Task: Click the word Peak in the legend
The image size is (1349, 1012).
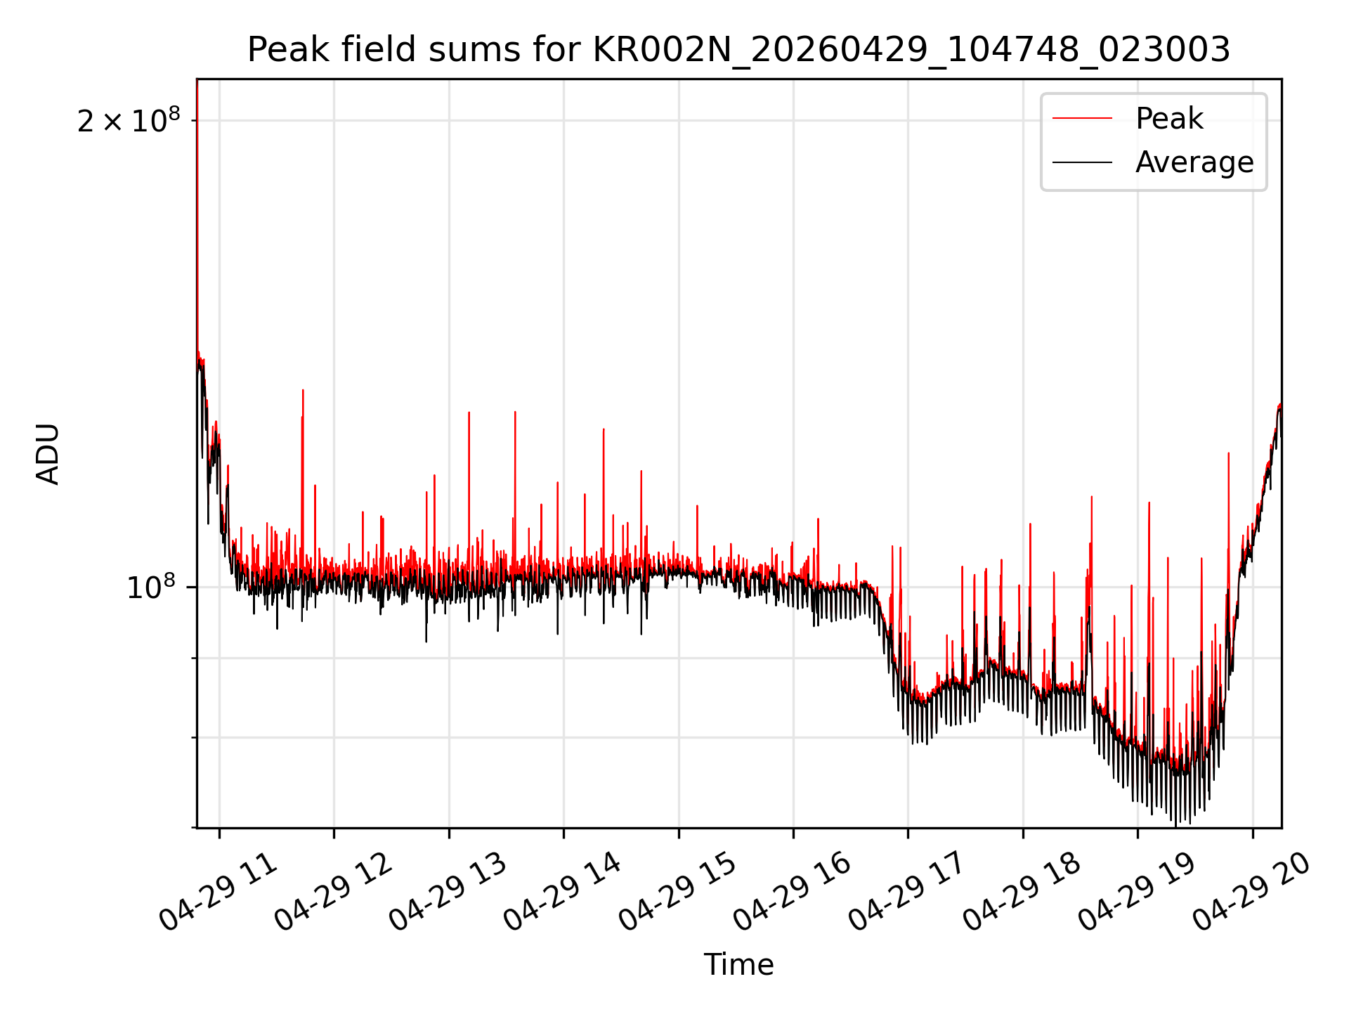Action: tap(1169, 119)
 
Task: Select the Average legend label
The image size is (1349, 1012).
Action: tap(1194, 162)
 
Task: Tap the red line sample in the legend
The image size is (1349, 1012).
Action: tap(1082, 119)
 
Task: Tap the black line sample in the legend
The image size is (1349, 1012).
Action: tap(1082, 162)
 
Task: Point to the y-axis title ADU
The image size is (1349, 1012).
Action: tap(48, 453)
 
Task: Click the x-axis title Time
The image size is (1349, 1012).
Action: tap(738, 964)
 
